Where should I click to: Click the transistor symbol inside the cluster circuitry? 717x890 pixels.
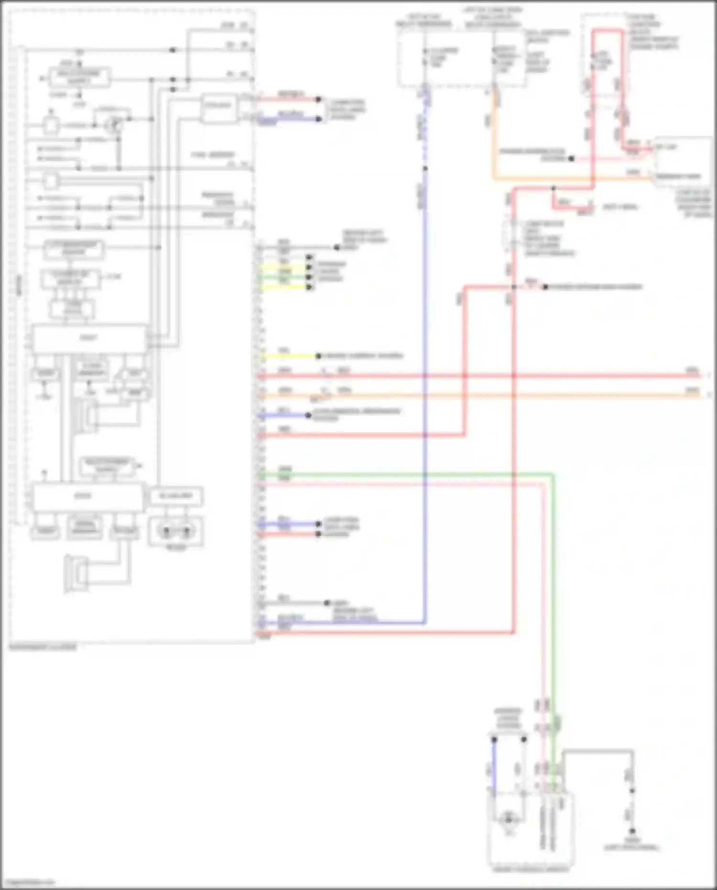113,125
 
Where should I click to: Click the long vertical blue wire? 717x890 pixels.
424,383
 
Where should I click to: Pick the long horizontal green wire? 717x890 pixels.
406,475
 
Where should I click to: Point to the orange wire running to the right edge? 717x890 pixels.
478,396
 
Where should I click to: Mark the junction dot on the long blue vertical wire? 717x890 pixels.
424,168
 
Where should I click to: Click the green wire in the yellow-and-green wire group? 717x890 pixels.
285,277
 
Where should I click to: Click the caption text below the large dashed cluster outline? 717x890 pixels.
43,648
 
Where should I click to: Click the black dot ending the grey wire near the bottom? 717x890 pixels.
327,603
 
